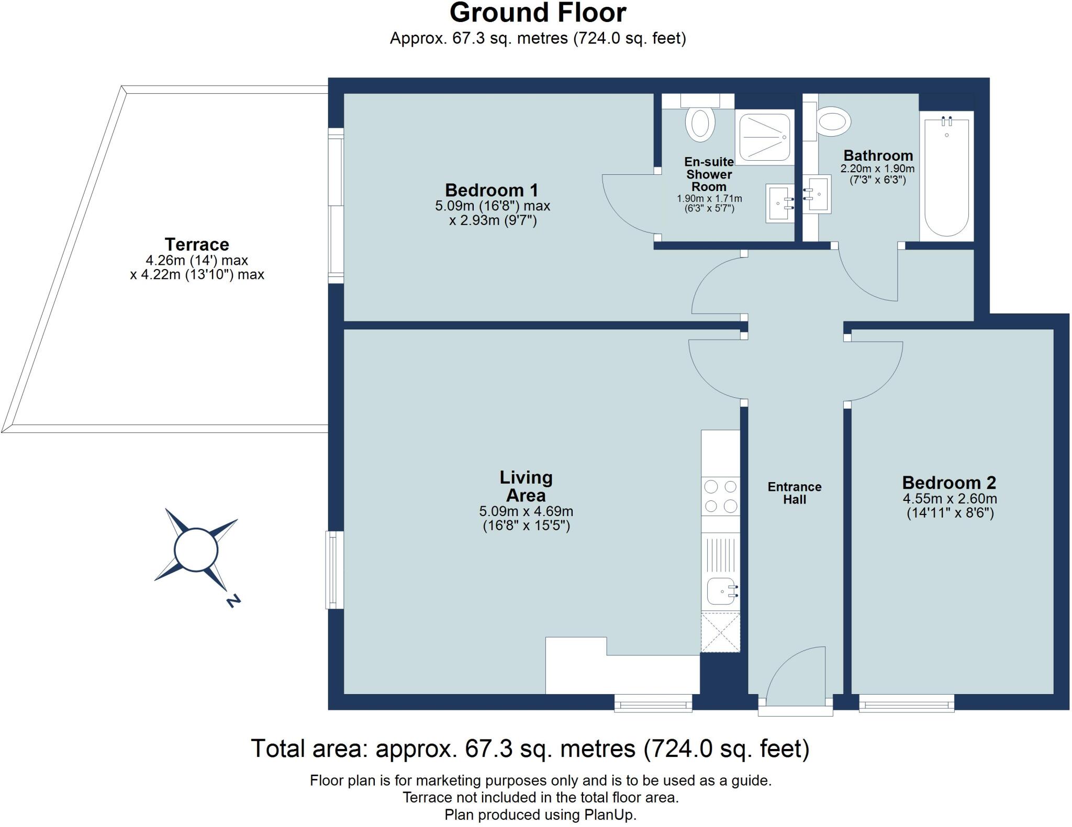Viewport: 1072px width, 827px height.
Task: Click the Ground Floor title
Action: [x=538, y=13]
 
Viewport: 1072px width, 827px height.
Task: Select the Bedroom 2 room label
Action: [x=949, y=483]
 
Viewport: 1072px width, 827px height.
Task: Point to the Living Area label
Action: [x=526, y=486]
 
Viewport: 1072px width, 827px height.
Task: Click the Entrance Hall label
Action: [x=795, y=493]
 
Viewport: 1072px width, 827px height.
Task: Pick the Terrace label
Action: [x=197, y=244]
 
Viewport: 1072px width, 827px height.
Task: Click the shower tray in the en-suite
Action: [x=765, y=138]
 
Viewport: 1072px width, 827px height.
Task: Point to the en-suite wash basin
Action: [x=780, y=204]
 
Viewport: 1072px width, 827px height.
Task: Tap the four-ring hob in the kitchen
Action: [x=721, y=496]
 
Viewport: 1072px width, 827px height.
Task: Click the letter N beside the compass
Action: [x=233, y=600]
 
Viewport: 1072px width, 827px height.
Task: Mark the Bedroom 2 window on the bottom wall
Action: [x=907, y=702]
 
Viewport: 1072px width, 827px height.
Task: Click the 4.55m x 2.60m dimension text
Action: [x=950, y=499]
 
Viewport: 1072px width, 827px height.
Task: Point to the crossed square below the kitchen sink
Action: [x=721, y=632]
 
